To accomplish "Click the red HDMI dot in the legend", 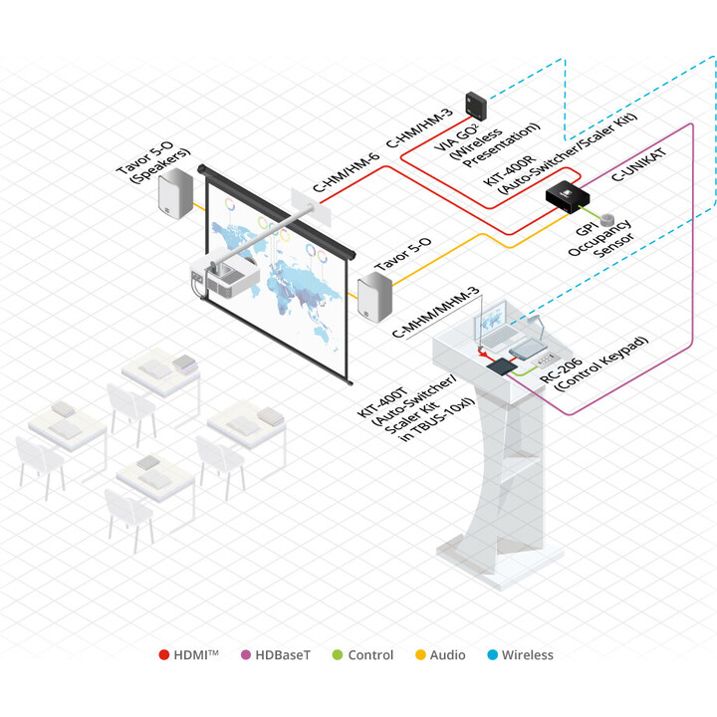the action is click(x=163, y=655).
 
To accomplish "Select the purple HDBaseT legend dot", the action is click(x=246, y=655).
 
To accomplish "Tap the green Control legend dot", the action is click(x=338, y=655).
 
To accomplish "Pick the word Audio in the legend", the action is click(x=447, y=655).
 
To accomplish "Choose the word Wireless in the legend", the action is click(x=527, y=655).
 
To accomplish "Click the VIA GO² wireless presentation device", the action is click(x=476, y=107).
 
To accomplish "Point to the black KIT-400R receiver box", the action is click(x=568, y=196).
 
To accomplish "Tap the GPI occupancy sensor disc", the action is click(x=607, y=220).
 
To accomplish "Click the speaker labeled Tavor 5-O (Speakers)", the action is click(x=175, y=193).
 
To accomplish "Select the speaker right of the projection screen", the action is click(x=374, y=297).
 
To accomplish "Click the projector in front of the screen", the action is click(x=225, y=275).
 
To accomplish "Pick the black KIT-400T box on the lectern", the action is click(x=501, y=366).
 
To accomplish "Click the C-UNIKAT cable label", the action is click(x=638, y=164).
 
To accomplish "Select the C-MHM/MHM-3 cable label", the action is click(x=436, y=313).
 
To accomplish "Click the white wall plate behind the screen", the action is click(x=311, y=207).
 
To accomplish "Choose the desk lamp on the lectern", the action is click(x=537, y=326).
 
